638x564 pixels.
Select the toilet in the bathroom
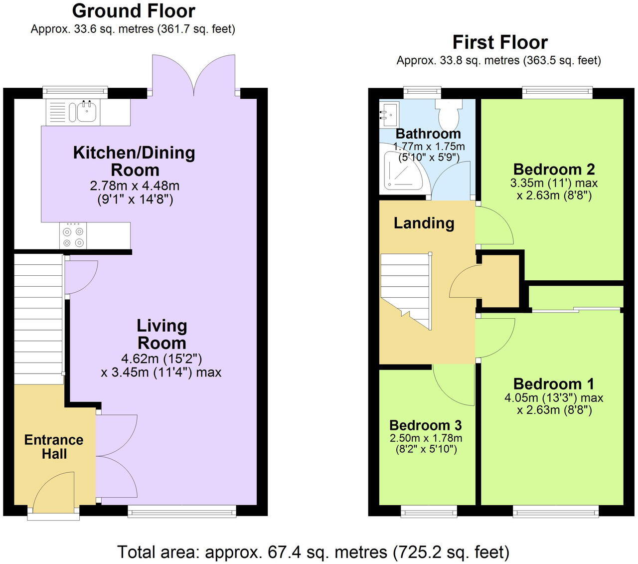point(449,113)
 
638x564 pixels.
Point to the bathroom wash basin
point(389,114)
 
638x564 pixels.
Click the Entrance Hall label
point(54,447)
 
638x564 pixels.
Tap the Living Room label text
point(162,334)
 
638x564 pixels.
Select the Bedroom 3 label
point(425,425)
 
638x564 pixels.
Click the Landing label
point(424,223)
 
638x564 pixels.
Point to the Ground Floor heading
point(134,10)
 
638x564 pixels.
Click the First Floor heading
point(500,42)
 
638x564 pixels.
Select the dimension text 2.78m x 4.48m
point(135,186)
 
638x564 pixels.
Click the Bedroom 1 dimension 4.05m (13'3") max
point(554,398)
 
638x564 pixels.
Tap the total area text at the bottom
point(313,552)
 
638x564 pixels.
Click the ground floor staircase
point(38,319)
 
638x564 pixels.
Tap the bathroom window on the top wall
point(422,92)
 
